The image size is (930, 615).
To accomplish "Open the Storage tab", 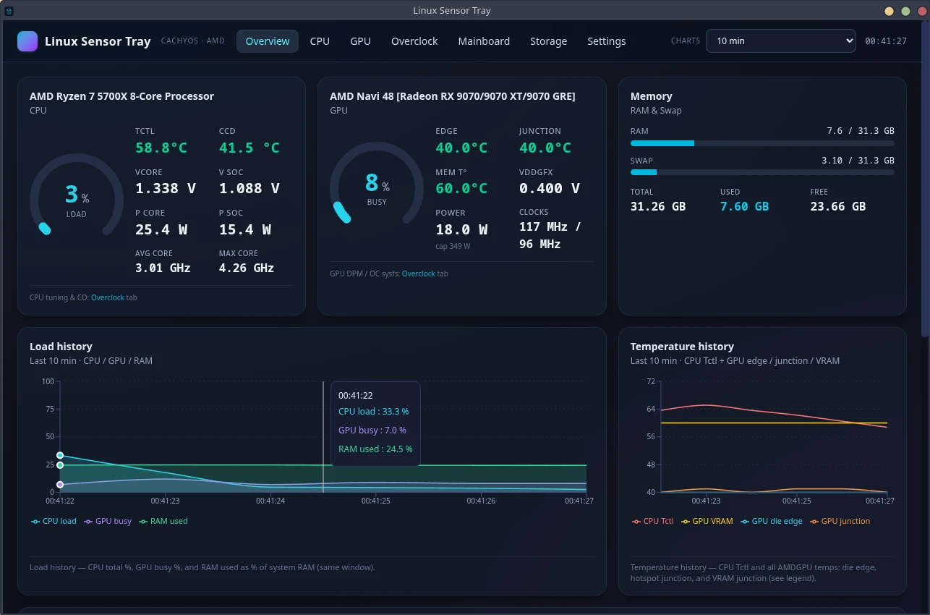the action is pyautogui.click(x=548, y=41).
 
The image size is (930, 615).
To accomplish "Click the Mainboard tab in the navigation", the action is pyautogui.click(x=484, y=41).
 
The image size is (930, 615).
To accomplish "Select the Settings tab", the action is pyautogui.click(x=606, y=41).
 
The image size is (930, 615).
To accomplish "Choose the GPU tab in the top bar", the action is pyautogui.click(x=360, y=41).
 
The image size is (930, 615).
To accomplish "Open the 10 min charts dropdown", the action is pyautogui.click(x=780, y=41).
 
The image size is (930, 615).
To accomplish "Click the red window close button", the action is pyautogui.click(x=922, y=11).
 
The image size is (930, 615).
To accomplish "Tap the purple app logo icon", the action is pyautogui.click(x=27, y=41).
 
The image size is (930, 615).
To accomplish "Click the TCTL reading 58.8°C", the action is pyautogui.click(x=161, y=148).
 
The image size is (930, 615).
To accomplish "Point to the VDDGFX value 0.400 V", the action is pyautogui.click(x=549, y=188).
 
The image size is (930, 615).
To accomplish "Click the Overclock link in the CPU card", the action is pyautogui.click(x=108, y=297).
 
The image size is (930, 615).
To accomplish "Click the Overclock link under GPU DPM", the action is pyautogui.click(x=418, y=273).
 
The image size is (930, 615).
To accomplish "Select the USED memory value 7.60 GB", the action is pyautogui.click(x=744, y=206).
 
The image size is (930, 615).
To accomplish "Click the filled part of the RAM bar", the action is pyautogui.click(x=662, y=143).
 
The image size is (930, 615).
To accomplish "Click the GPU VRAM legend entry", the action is pyautogui.click(x=707, y=521).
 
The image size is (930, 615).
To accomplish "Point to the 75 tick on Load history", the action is pyautogui.click(x=50, y=409).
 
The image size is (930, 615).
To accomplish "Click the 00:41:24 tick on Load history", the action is pyautogui.click(x=270, y=501).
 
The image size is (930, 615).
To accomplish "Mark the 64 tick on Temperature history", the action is pyautogui.click(x=651, y=409).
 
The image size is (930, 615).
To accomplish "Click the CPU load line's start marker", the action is pyautogui.click(x=60, y=455).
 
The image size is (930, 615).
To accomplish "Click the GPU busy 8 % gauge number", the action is pyautogui.click(x=371, y=183).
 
